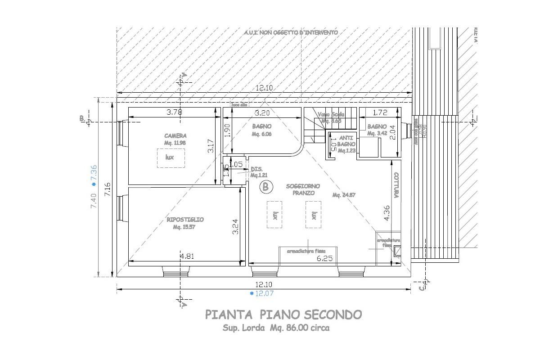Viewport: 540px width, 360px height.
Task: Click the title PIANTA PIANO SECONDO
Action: click(x=283, y=314)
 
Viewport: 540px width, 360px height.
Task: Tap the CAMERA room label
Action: click(x=175, y=135)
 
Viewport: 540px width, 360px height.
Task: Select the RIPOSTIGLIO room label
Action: click(x=185, y=220)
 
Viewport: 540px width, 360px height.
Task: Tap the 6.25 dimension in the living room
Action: click(x=324, y=258)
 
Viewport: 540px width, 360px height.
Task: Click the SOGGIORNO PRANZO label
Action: click(x=303, y=189)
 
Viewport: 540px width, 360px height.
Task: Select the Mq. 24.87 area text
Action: click(x=344, y=195)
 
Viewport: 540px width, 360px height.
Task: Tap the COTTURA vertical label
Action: click(x=396, y=185)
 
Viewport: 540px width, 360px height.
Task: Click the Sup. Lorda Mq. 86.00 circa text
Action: click(x=276, y=328)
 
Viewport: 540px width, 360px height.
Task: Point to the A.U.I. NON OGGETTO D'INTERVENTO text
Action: click(x=290, y=33)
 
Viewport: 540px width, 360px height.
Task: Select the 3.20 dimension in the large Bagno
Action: click(x=262, y=113)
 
